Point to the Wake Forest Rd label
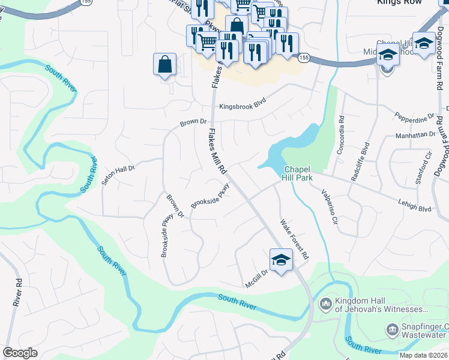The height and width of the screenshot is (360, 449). click(x=295, y=239)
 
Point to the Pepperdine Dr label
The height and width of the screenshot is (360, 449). click(x=414, y=115)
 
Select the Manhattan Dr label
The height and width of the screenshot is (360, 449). click(x=419, y=136)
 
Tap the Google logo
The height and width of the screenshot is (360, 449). click(x=20, y=353)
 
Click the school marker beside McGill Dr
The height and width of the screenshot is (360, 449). click(x=280, y=260)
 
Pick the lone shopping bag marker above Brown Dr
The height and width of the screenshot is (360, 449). click(x=164, y=65)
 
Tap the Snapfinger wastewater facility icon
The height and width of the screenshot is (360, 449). click(x=392, y=329)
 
